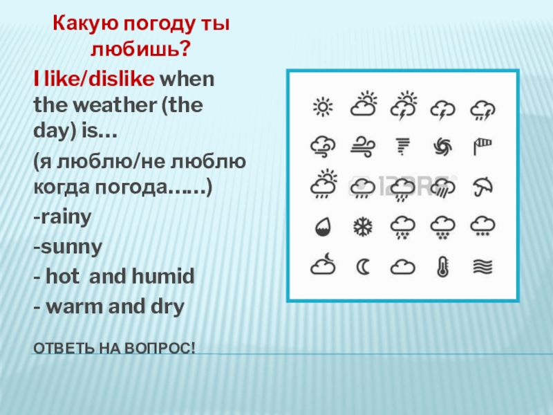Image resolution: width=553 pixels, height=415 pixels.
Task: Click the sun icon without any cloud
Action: click(x=322, y=107)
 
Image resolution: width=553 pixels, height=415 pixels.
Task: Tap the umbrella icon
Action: click(x=482, y=186)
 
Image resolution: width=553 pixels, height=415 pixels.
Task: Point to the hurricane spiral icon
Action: click(x=442, y=147)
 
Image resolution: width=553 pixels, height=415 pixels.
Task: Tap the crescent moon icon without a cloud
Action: click(x=362, y=266)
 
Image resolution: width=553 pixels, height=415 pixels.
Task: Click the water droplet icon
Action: click(x=322, y=226)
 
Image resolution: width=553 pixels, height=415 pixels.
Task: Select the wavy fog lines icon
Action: click(x=482, y=266)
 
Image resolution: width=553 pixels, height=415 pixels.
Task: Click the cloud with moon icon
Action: click(x=322, y=266)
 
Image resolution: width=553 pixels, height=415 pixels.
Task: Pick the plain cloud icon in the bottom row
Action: click(x=402, y=267)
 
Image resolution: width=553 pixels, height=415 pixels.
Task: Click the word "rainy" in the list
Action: click(x=64, y=218)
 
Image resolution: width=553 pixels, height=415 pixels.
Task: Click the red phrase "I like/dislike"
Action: click(x=93, y=79)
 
